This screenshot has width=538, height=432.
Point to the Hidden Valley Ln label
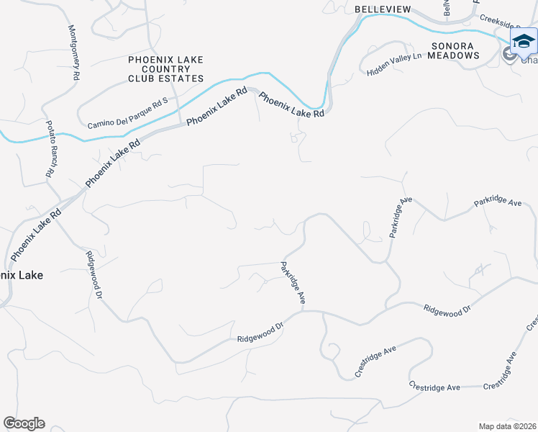click(393, 65)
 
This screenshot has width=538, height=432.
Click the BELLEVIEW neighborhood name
click(383, 9)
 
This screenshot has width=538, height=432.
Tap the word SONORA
click(452, 45)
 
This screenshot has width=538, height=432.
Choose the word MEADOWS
click(455, 55)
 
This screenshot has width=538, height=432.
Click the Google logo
click(24, 423)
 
